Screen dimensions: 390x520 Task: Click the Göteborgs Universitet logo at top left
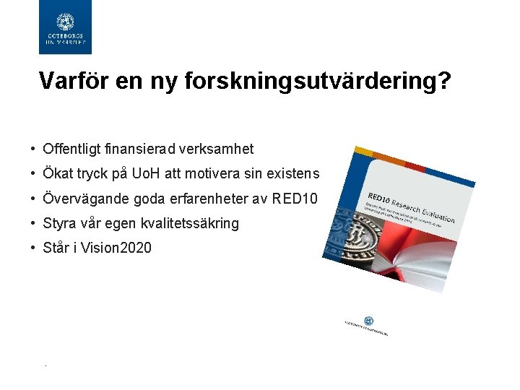pos(65,27)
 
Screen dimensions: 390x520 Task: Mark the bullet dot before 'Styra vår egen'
pos(33,223)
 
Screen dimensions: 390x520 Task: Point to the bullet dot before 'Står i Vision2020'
pos(33,248)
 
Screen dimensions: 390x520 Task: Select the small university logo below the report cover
pos(368,326)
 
